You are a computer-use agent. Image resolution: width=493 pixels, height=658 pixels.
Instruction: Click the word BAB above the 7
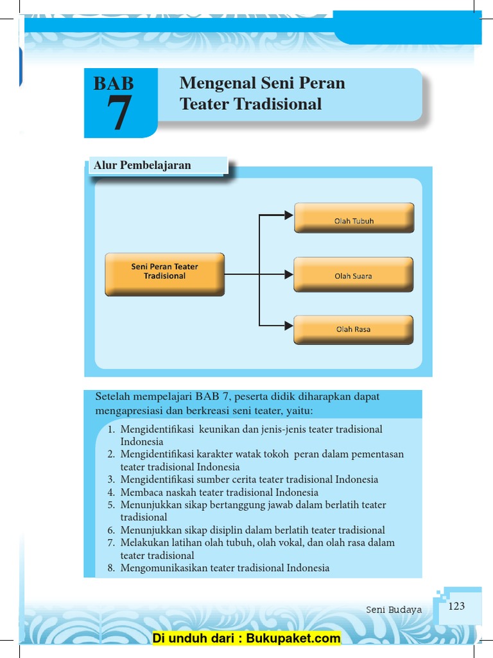click(x=114, y=83)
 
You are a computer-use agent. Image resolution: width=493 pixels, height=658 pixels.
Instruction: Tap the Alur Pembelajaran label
click(x=143, y=165)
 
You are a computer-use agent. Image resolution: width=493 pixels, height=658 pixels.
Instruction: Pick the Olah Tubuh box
click(x=354, y=218)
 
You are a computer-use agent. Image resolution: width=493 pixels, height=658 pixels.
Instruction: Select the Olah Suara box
click(x=353, y=274)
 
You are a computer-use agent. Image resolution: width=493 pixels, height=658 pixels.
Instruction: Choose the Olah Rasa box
click(x=353, y=330)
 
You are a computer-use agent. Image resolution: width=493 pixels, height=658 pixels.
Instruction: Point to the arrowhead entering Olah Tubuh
click(x=289, y=215)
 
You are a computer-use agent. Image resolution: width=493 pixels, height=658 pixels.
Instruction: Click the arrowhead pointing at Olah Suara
click(x=289, y=274)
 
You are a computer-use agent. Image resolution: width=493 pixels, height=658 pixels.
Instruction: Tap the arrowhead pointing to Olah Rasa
click(x=289, y=325)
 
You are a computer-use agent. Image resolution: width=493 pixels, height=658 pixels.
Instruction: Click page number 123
click(x=456, y=606)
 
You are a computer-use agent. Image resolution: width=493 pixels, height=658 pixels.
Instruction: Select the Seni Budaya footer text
click(x=394, y=610)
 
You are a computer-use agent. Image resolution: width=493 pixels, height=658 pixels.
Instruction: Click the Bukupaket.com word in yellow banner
click(x=293, y=638)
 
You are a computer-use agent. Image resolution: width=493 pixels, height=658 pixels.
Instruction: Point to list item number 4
click(x=111, y=492)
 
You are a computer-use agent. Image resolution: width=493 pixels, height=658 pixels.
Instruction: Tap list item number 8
click(x=111, y=568)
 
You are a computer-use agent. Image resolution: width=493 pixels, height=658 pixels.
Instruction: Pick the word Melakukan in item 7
click(x=141, y=543)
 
